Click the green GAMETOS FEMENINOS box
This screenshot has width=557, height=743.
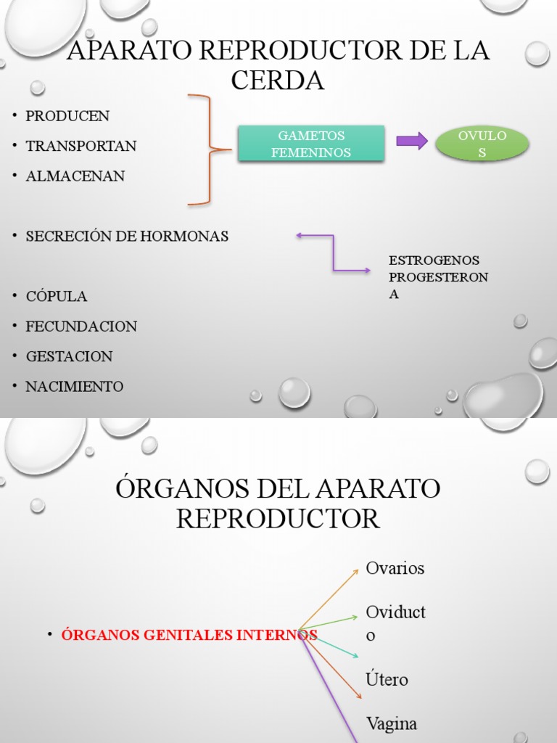311,144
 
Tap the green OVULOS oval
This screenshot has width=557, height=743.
482,144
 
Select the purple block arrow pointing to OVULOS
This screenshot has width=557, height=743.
412,141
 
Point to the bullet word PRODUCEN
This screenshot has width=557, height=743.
67,116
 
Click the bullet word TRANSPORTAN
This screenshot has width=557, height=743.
81,146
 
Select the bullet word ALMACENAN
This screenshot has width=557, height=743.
75,176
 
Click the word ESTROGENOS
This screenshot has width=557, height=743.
434,260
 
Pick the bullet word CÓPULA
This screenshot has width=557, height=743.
57,297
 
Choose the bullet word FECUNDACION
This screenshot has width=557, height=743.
81,327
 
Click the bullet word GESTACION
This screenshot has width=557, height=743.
70,357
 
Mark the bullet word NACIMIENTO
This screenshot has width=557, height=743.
75,387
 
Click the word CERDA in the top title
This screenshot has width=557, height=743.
278,81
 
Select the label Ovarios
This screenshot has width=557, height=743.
395,568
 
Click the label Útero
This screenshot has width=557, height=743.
387,680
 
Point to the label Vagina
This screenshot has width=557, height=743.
392,723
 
